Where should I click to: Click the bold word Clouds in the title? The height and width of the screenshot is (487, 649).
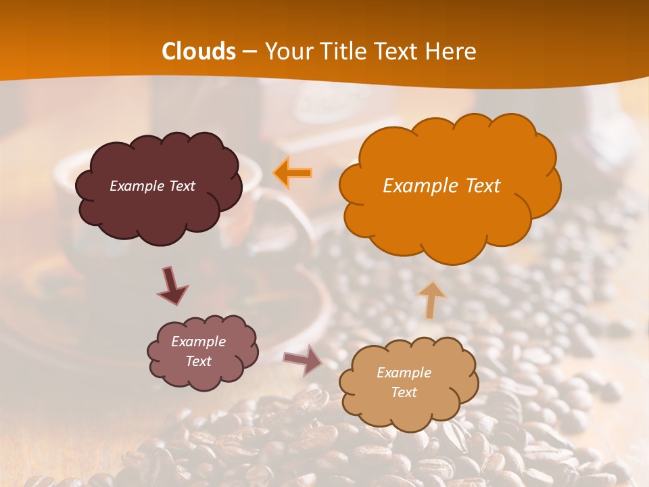[199, 51]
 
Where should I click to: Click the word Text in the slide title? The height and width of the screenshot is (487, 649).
[399, 51]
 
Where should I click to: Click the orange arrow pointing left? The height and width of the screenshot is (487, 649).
[293, 173]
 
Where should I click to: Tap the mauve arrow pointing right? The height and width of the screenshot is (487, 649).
[303, 359]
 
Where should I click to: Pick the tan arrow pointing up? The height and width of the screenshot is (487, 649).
[431, 300]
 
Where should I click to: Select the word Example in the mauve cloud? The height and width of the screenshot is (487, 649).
[198, 342]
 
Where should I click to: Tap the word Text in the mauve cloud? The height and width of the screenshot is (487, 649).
[198, 361]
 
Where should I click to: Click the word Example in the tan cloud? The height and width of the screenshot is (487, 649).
[404, 373]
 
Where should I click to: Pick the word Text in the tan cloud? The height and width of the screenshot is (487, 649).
[404, 392]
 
